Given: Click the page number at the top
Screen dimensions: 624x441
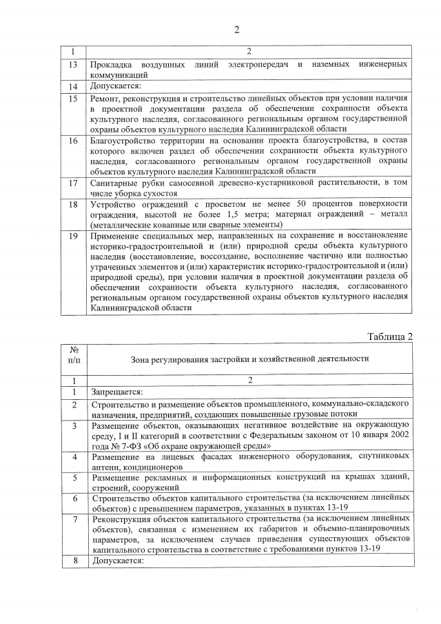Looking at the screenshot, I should coord(236,29).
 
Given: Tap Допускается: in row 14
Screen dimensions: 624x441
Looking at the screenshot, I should coord(115,87).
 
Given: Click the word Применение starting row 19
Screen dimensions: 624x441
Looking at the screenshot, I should coord(119,236).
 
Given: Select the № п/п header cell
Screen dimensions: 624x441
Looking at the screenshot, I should coord(73,359).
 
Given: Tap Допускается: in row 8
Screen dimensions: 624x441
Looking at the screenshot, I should coord(115,561).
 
